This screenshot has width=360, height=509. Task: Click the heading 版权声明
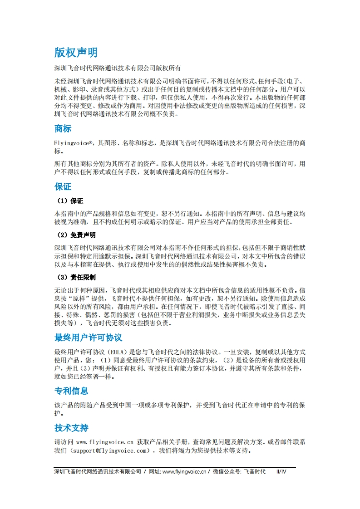point(76,53)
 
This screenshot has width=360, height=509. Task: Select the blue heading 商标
point(63,129)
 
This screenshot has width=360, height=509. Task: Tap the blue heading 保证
point(63,186)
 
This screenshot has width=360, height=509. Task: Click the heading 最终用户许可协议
point(88,338)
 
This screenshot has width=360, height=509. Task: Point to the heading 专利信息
point(71,391)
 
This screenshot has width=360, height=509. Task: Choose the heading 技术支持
point(71,428)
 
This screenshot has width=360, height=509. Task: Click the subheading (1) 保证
point(69,201)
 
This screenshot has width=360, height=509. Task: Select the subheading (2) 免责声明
point(76,235)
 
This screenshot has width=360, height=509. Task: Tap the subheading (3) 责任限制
point(76,277)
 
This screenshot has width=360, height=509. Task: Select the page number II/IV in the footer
point(281,472)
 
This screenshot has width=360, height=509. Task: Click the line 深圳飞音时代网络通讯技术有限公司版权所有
point(118,69)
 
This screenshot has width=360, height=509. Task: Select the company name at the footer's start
point(97,472)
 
